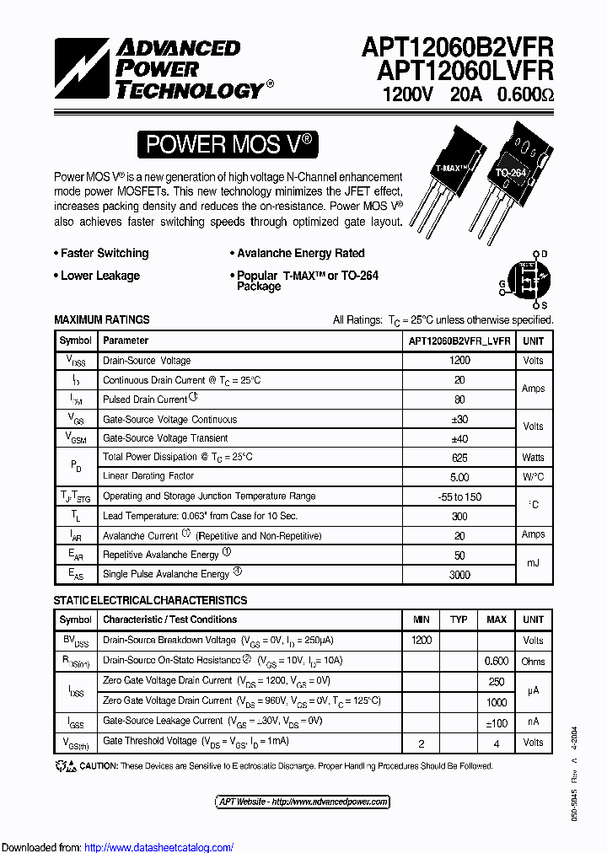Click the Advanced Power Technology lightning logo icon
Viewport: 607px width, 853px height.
82,70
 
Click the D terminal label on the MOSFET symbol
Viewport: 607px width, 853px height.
545,254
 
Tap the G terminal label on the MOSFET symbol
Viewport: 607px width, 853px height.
502,284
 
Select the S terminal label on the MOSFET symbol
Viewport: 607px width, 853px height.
545,304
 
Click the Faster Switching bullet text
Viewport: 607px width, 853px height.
104,253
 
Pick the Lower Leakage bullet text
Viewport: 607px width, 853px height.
99,276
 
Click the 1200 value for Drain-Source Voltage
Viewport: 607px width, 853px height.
459,360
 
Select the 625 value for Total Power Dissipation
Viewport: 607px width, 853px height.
459,457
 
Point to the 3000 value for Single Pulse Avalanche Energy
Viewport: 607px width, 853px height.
459,573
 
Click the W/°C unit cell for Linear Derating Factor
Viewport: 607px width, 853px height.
533,476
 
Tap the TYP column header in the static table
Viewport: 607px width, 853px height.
459,620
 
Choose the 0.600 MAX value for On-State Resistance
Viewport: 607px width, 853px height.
497,661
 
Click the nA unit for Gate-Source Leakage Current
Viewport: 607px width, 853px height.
533,722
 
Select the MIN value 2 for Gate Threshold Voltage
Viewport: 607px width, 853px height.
421,743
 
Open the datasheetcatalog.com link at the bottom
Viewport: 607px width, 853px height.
159,847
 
